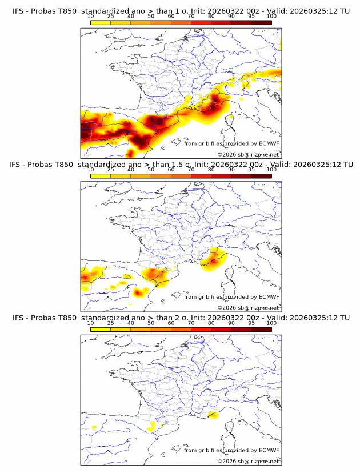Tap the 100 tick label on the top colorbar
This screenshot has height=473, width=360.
[271, 16]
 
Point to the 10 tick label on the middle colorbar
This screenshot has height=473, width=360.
[91, 170]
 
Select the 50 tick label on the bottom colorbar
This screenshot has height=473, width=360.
[151, 323]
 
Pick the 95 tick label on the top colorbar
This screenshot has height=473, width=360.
[251, 16]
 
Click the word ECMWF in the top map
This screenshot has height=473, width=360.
[269, 143]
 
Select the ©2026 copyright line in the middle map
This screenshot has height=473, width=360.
[248, 307]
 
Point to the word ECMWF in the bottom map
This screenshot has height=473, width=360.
[269, 450]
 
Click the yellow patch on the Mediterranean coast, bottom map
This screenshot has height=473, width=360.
[213, 415]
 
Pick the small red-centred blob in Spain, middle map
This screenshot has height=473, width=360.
[138, 292]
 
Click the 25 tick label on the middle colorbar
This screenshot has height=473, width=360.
[111, 170]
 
